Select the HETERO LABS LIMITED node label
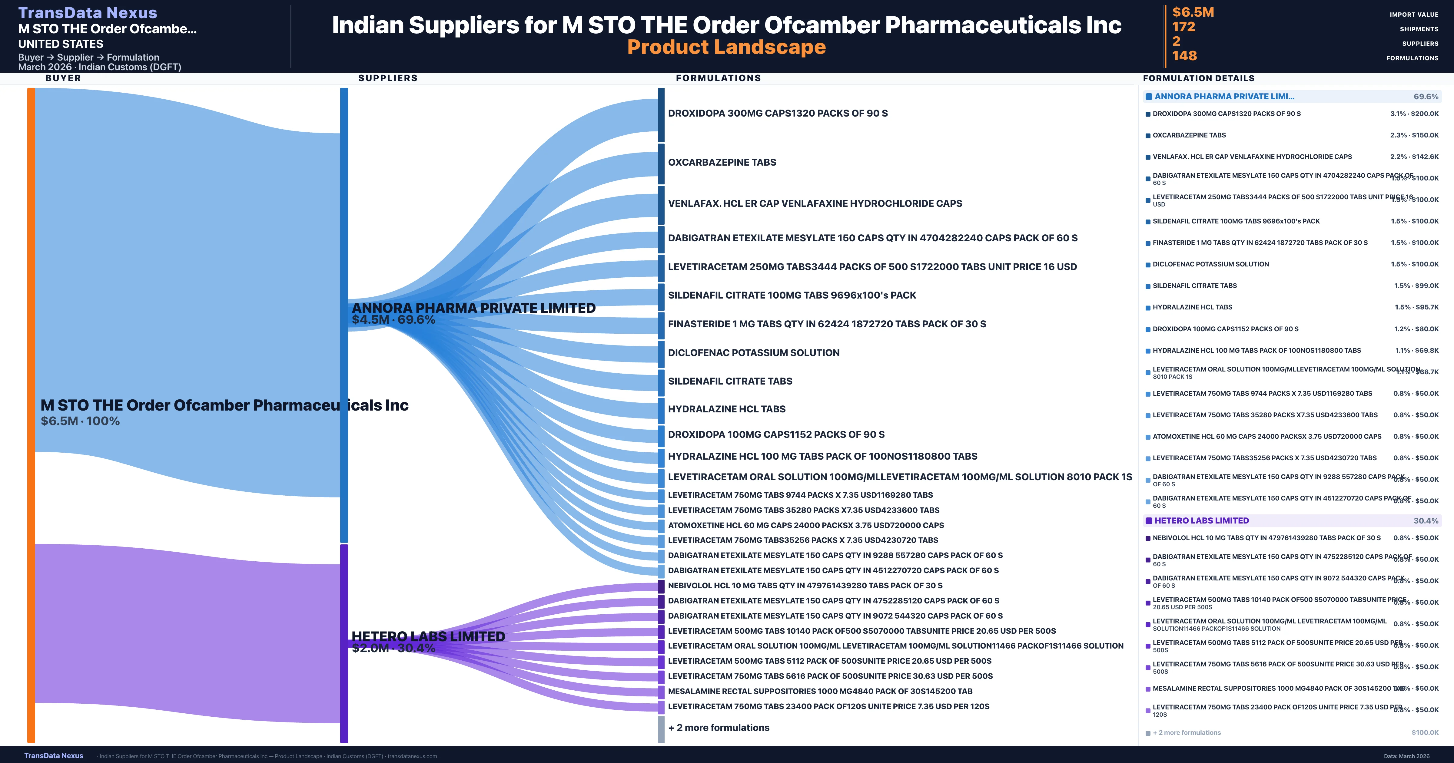pyautogui.click(x=428, y=636)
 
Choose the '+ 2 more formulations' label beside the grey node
pyautogui.click(x=719, y=728)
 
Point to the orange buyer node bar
pyautogui.click(x=31, y=415)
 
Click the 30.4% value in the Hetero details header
pyautogui.click(x=1426, y=521)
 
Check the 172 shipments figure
pyautogui.click(x=1183, y=27)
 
